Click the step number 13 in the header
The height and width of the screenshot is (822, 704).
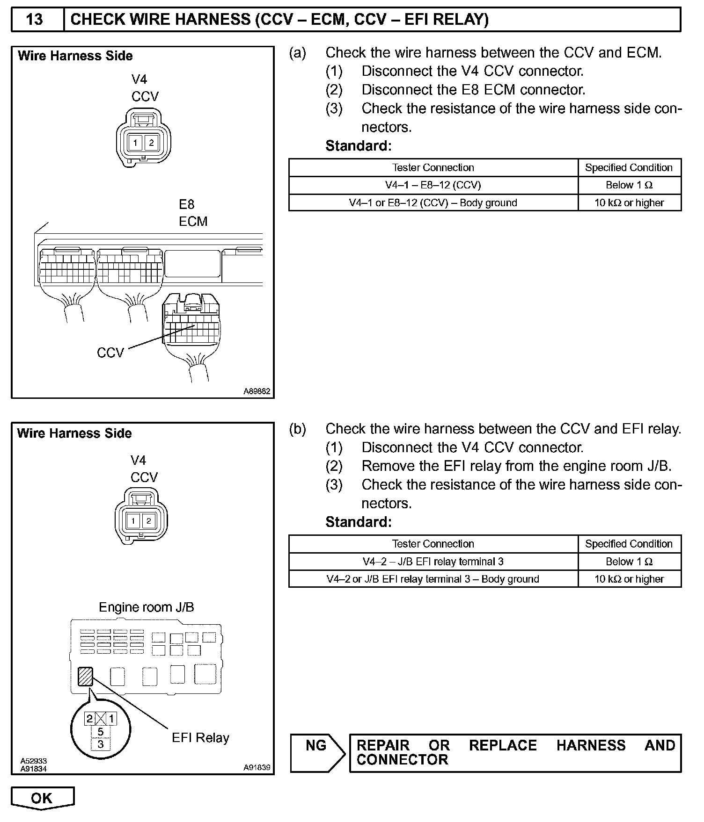(x=35, y=20)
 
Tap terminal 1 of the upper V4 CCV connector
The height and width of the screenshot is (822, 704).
(x=136, y=143)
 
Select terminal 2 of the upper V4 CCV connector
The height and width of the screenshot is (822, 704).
(x=151, y=143)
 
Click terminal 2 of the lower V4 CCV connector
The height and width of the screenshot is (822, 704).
(x=149, y=521)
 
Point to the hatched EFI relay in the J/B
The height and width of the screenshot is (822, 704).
(x=86, y=676)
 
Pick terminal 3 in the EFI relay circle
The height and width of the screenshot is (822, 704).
(x=100, y=744)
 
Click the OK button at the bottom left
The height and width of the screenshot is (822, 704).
(x=42, y=798)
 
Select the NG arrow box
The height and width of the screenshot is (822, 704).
(x=317, y=752)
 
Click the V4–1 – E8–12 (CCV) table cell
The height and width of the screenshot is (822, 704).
(x=433, y=185)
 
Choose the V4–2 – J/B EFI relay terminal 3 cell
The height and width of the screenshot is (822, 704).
(x=433, y=562)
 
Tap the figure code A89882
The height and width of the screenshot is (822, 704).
(x=257, y=391)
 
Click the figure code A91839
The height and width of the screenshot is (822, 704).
(x=257, y=767)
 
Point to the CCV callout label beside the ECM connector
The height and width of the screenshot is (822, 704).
(x=110, y=353)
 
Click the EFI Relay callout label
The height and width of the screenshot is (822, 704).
(x=200, y=738)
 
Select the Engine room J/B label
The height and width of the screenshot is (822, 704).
(x=146, y=607)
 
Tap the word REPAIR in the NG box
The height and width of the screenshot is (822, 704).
(x=383, y=745)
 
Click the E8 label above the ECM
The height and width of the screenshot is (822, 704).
(x=186, y=205)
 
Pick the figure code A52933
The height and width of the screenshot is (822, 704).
(x=34, y=761)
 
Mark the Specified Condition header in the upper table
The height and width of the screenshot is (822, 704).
(x=629, y=168)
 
